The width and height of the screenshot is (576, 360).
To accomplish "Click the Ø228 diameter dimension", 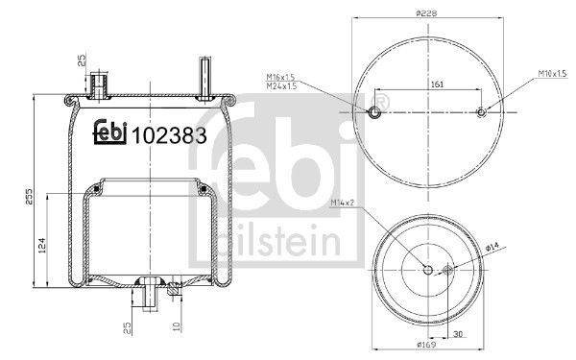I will [427, 13].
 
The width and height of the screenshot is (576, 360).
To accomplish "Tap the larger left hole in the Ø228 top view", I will [375, 113].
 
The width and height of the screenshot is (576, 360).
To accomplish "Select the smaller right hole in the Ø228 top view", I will [482, 113].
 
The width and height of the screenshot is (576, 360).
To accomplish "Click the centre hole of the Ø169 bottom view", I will [427, 270].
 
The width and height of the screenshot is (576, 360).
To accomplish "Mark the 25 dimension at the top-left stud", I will [84, 65].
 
